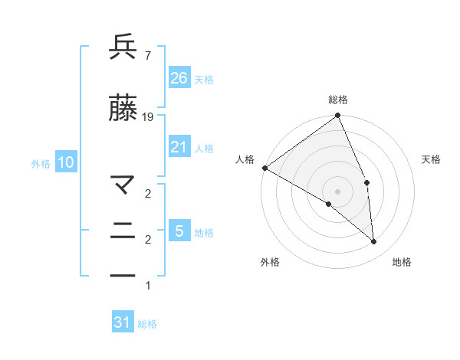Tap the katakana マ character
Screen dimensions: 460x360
pos(123,185)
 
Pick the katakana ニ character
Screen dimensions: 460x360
pos(123,231)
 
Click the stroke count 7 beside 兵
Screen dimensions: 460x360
pos(147,55)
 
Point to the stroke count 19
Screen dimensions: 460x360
pos(148,117)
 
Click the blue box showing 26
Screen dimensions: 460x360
pos(179,77)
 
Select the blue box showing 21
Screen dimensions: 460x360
pos(179,147)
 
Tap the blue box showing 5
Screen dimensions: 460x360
pos(179,231)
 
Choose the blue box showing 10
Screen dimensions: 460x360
pos(66,162)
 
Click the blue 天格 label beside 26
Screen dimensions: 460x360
pos(204,79)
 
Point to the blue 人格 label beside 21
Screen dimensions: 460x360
pos(204,149)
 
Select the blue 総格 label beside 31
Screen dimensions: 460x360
pos(147,324)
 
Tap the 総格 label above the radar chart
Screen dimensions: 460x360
pos(338,100)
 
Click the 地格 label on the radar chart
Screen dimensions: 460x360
pos(402,262)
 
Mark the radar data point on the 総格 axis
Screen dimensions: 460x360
pos(338,116)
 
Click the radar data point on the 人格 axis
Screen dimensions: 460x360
pos(264,167)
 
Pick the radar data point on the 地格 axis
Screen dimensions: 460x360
pos(373,241)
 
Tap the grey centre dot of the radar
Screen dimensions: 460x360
pos(338,191)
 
